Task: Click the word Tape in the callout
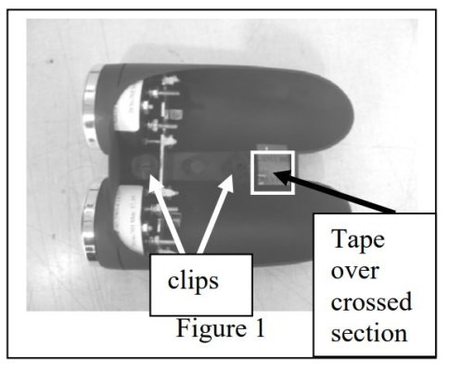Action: pyautogui.click(x=358, y=240)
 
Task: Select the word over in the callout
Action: pyautogui.click(x=355, y=271)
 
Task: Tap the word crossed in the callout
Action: pyautogui.click(x=371, y=301)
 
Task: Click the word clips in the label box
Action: pyautogui.click(x=193, y=281)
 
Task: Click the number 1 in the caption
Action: pyautogui.click(x=260, y=327)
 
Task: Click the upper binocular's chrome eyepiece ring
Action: pyautogui.click(x=90, y=107)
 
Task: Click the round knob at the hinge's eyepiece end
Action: pyautogui.click(x=142, y=165)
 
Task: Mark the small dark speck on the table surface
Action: pyautogui.click(x=50, y=62)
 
